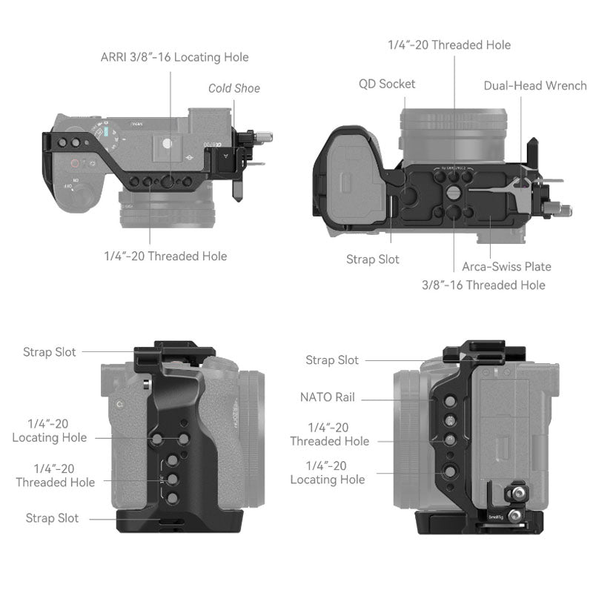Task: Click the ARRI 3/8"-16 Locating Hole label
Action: tap(175, 57)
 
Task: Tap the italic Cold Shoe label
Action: tap(233, 88)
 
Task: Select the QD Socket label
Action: tap(387, 84)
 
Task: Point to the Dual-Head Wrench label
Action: tap(535, 85)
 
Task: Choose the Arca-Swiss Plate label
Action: tap(506, 266)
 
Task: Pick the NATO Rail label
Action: tap(328, 397)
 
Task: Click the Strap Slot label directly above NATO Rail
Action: tap(332, 360)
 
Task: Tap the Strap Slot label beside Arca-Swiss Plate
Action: tap(372, 259)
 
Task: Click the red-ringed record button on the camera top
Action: tap(75, 165)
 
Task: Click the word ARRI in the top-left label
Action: tap(116, 57)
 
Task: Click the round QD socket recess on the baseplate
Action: tap(408, 192)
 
